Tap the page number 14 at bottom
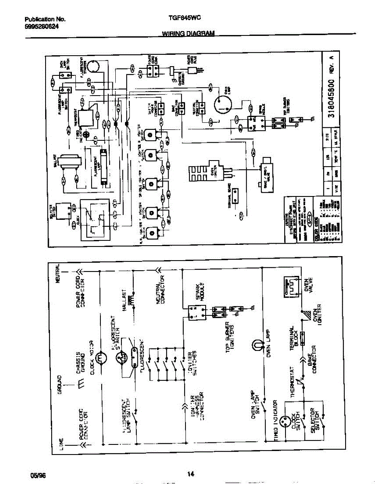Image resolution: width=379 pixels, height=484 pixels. tap(191, 474)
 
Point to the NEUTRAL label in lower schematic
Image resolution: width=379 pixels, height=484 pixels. tap(58, 274)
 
